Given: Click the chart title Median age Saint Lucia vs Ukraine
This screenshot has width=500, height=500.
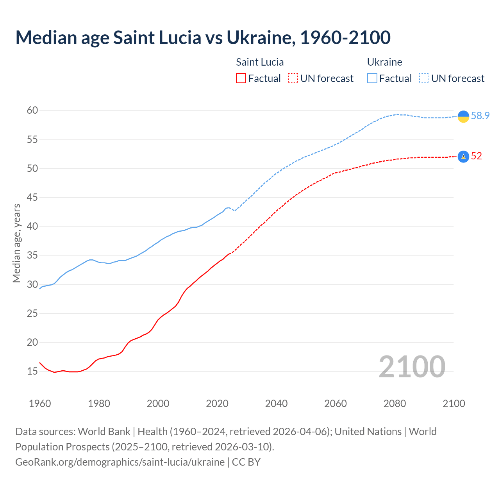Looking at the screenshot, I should coord(203,37).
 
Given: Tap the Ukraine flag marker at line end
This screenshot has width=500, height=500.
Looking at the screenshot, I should coord(463,116).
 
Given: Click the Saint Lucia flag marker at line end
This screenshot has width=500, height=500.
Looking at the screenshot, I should coord(463,156).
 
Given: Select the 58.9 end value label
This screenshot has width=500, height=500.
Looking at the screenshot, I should coord(480,116).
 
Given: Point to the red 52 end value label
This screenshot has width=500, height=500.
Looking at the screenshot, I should coord(476,156).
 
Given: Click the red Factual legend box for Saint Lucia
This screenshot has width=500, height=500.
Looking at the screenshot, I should coord(241,79).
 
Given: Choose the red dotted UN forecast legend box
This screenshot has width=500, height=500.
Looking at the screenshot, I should coord(293,79).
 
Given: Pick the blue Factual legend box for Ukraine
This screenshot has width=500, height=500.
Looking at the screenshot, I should coord(372,79).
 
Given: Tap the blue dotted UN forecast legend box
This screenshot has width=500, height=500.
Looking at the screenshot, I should coord(424,79).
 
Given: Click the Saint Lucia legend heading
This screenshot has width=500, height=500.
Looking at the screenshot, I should coord(260,62).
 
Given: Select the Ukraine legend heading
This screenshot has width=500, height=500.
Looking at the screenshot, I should coord(384,62).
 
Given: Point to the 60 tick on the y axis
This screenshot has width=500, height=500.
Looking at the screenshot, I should coord(32,111).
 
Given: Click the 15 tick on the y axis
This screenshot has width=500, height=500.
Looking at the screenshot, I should coord(32,371).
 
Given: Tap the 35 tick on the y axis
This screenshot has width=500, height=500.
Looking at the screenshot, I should coord(32,255).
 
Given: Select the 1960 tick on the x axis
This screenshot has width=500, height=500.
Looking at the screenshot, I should coord(40,404).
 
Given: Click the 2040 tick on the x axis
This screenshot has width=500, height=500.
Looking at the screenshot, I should coord(276,404).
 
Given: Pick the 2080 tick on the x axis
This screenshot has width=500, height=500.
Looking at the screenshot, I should coord(395,404).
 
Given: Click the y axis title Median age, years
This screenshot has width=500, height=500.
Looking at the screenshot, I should coord(16,243).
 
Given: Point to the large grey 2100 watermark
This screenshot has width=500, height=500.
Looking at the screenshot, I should coord(412,366).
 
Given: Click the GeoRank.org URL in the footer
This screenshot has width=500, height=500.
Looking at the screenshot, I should coord(120,462).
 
